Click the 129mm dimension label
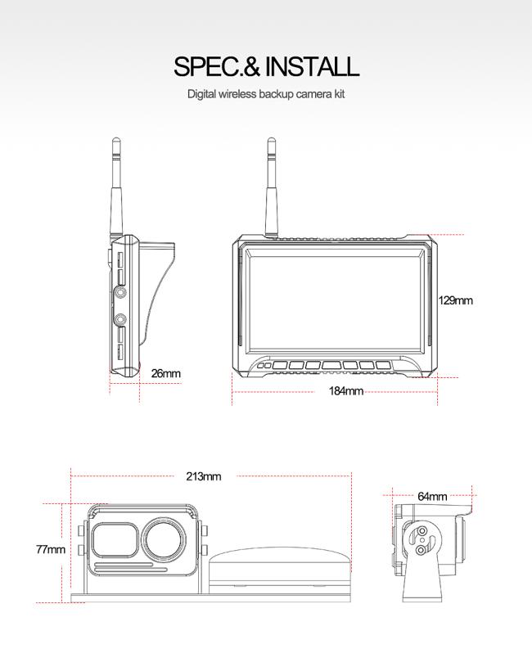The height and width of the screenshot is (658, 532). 456,300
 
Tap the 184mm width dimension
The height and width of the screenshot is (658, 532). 345,391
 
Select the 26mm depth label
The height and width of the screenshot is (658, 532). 165,373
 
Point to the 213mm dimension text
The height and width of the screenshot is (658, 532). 204,476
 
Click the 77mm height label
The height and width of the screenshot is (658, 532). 51,549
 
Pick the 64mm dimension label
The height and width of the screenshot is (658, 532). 432,497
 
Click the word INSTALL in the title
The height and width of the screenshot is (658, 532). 312,66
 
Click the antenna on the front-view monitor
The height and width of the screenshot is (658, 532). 271,189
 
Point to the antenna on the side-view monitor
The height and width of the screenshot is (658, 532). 115,189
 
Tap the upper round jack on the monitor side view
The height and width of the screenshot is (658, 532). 121,292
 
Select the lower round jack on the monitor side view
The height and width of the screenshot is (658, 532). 121,320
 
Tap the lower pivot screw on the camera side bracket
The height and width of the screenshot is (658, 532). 421,550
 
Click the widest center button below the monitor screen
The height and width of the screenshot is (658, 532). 331,366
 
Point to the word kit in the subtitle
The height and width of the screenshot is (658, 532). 339,93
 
